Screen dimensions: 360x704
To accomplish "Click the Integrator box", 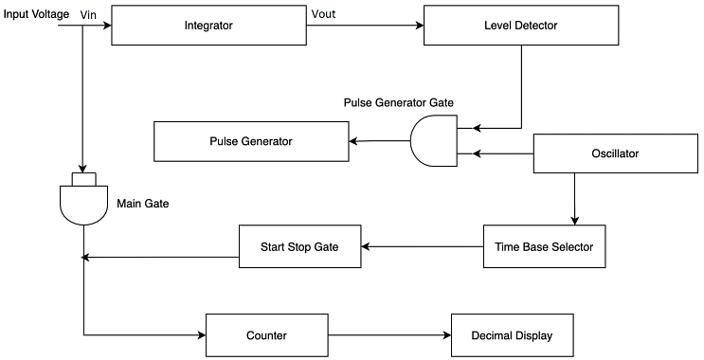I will click(208, 26).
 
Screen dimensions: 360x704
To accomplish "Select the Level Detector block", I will click(520, 26).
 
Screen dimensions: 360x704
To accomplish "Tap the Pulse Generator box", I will click(250, 141).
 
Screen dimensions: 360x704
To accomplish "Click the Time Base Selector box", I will click(544, 246).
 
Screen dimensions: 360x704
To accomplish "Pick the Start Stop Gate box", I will click(298, 246).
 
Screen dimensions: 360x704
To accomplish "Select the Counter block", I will click(266, 335).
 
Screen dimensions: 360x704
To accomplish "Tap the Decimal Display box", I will click(511, 335).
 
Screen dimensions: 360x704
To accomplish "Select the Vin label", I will click(88, 13).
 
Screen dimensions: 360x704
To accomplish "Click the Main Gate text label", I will click(143, 203).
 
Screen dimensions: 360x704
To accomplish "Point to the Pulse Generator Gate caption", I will click(399, 101).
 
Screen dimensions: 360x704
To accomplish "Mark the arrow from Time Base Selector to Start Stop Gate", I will click(422, 246).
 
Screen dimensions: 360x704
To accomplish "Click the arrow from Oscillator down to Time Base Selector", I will click(574, 199).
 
